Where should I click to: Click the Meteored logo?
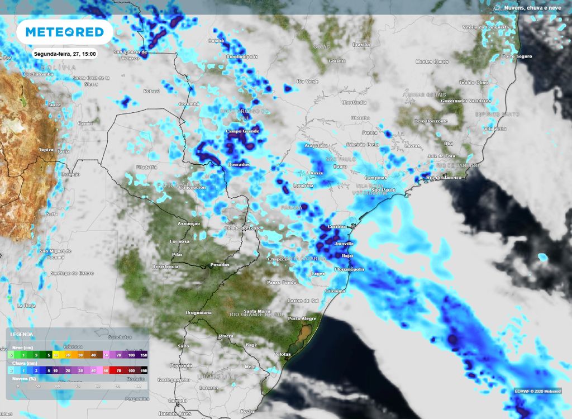(x=65, y=32)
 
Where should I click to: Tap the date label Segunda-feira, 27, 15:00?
(x=64, y=54)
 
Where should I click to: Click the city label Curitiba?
(x=338, y=226)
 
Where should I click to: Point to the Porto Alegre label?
(x=301, y=318)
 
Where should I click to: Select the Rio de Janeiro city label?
(x=444, y=177)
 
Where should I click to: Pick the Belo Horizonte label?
(x=431, y=121)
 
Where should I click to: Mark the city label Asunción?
(x=188, y=223)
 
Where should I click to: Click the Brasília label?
(x=361, y=44)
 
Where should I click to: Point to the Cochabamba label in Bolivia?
(x=39, y=74)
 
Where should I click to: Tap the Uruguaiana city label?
(x=199, y=313)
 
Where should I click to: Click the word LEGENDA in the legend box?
(x=21, y=335)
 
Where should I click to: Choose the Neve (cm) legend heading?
(x=21, y=347)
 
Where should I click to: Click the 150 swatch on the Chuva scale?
(x=144, y=370)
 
